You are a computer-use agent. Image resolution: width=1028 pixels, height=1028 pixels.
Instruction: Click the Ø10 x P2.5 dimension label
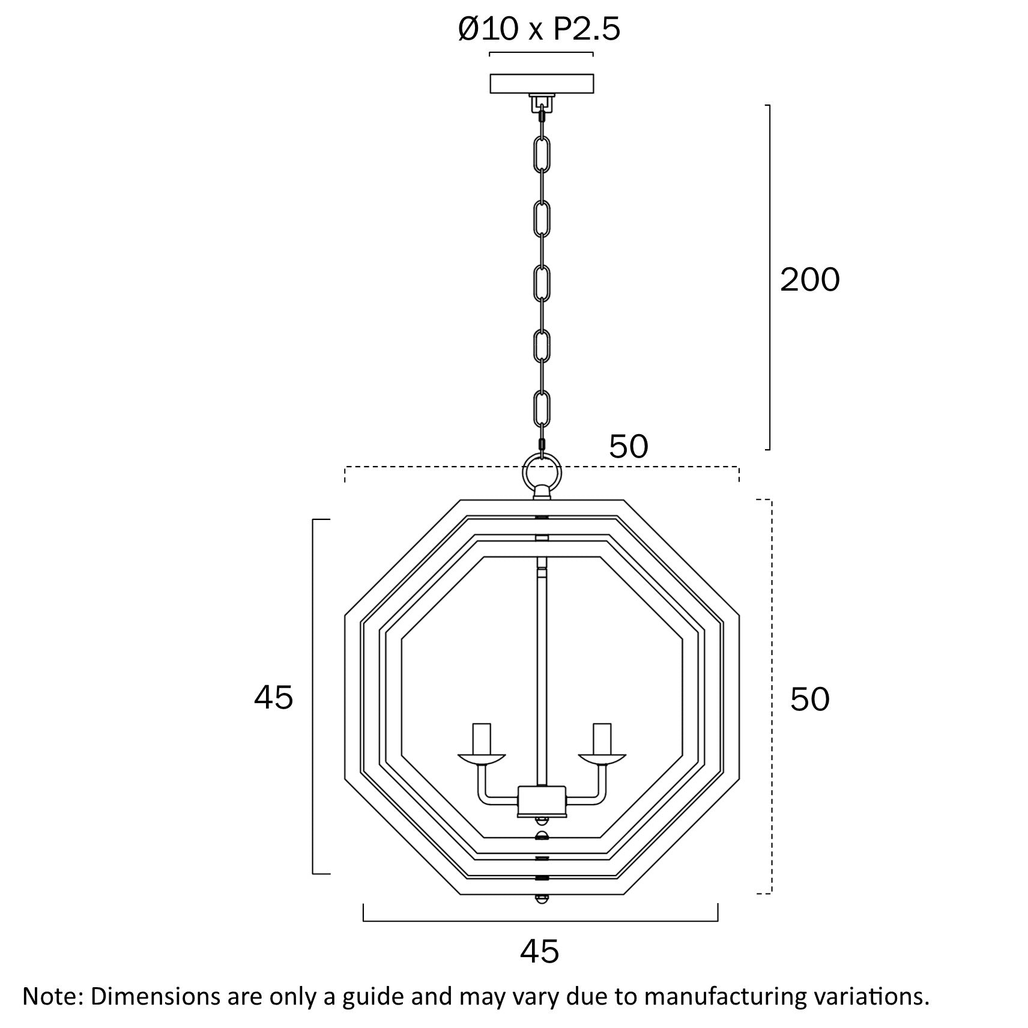click(x=539, y=28)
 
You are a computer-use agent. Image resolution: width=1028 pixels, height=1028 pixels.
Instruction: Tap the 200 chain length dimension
click(x=809, y=280)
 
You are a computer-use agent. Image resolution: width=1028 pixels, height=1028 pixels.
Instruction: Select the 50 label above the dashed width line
click(x=629, y=447)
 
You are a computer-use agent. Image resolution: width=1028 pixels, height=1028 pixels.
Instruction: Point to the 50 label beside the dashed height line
click(x=809, y=699)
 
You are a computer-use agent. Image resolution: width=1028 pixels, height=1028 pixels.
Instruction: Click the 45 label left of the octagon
click(x=273, y=697)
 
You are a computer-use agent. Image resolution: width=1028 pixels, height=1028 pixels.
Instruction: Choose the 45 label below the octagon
click(x=539, y=951)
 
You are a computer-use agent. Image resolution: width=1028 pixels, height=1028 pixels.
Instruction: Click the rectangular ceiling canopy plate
click(x=542, y=83)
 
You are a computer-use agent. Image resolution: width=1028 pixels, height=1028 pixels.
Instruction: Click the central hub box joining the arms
click(x=542, y=801)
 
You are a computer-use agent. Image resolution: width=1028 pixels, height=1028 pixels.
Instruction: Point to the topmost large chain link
click(x=542, y=154)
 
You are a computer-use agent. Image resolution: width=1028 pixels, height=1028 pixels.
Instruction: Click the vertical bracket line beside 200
click(x=769, y=277)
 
